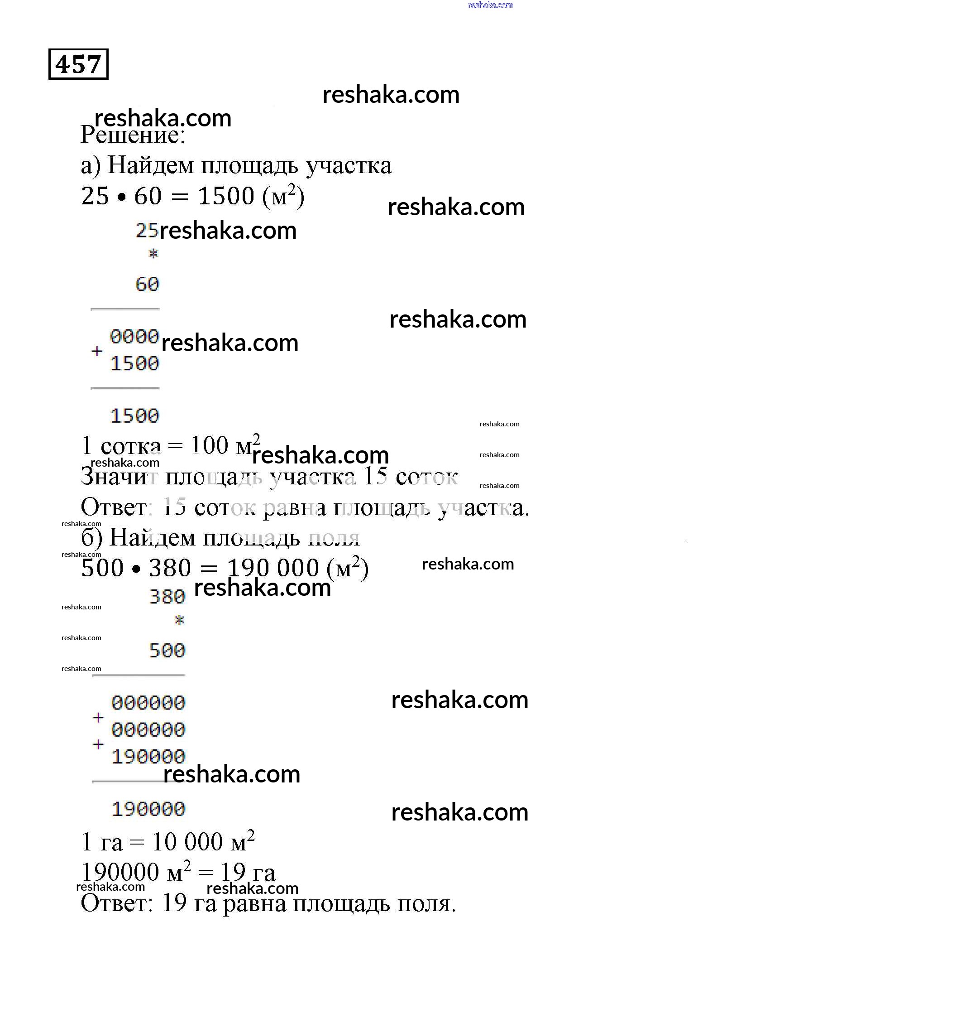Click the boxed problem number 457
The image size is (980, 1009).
(x=78, y=64)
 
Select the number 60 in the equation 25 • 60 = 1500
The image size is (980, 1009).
(x=148, y=196)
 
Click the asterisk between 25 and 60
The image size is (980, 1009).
(x=153, y=254)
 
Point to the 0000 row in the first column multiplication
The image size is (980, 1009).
(x=134, y=337)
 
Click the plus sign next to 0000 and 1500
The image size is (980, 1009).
(x=97, y=351)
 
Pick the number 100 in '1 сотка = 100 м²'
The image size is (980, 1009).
(x=209, y=445)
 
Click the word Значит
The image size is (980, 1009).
(x=119, y=477)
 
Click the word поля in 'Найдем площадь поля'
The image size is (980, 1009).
(x=334, y=538)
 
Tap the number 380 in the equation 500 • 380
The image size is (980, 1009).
(x=170, y=568)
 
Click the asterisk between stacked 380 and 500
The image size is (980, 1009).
(x=179, y=620)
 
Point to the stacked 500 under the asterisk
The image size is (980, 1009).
(x=167, y=651)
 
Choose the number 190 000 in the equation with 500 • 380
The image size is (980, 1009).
(x=273, y=568)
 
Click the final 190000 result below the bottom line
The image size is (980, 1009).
(x=148, y=809)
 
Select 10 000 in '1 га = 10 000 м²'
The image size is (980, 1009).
(x=187, y=842)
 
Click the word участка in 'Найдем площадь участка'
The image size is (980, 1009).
(x=349, y=166)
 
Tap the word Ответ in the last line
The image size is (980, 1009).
(x=116, y=903)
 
